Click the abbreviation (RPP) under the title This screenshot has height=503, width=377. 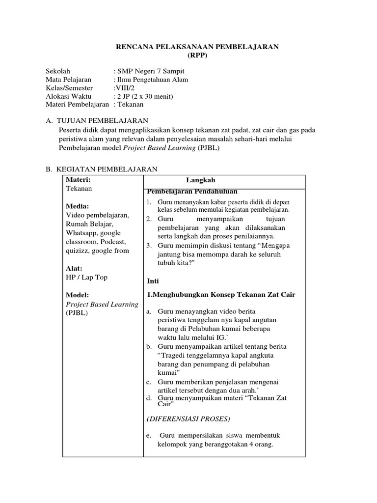[196, 56]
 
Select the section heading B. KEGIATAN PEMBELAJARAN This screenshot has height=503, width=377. [101, 169]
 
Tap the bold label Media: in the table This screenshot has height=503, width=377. [78, 206]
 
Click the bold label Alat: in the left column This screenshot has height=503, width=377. [74, 268]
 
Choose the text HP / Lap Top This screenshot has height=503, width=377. [86, 277]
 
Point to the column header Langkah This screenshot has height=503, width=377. [200, 180]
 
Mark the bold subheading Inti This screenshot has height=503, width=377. [154, 280]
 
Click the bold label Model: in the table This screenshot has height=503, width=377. [77, 295]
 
